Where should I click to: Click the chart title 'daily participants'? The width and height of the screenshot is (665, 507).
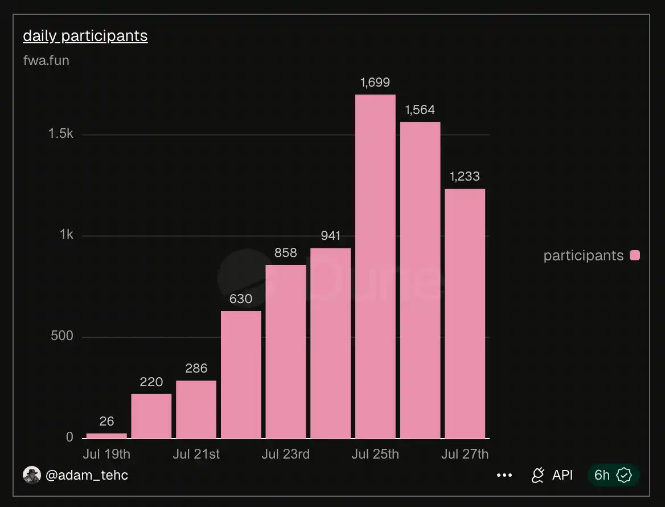point(85,36)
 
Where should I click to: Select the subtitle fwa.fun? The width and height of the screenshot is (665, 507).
point(46,60)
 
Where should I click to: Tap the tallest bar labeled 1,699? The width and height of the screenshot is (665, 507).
point(375,267)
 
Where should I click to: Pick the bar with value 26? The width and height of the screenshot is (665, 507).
point(106,436)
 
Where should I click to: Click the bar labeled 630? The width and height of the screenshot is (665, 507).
point(241,375)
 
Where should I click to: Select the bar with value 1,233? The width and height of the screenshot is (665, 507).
point(465,313)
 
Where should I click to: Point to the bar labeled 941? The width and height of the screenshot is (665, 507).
point(330,344)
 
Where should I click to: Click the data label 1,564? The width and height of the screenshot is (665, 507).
point(420,110)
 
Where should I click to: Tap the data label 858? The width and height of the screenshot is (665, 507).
point(285,253)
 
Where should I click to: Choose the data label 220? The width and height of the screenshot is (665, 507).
point(151,382)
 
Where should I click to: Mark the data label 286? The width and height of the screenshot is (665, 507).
point(196,368)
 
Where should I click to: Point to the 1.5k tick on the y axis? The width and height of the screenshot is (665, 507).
point(61,134)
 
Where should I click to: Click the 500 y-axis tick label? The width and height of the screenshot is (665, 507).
point(62,336)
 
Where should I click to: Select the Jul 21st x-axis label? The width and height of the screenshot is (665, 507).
point(196,454)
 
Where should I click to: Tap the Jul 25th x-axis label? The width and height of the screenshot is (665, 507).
point(375,454)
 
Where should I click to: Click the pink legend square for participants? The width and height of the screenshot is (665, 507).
point(635,255)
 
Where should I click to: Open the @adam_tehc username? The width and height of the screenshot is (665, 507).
point(87,475)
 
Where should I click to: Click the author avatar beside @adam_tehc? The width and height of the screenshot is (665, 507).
point(32,475)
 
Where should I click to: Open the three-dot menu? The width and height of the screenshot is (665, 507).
point(504,475)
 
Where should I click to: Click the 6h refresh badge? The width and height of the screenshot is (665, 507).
point(613,475)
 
